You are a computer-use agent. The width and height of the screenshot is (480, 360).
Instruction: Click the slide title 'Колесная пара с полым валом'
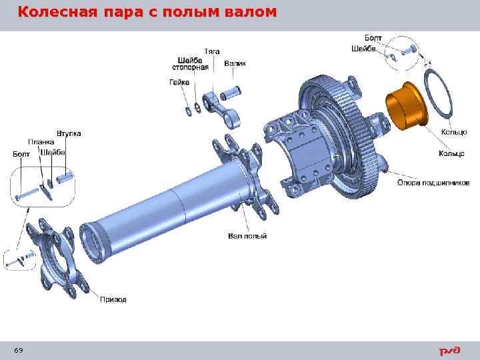pos(146,13)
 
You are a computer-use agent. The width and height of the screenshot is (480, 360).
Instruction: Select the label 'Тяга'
pos(211,51)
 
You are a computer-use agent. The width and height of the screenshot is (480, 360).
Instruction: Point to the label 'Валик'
pos(235,64)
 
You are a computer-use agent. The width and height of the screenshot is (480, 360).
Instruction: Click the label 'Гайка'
pos(178,83)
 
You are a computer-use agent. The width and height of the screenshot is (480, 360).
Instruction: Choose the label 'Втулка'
pos(69,133)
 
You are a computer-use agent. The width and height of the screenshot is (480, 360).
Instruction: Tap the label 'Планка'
pos(41,142)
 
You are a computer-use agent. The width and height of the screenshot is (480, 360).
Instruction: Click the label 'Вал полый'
pos(247,236)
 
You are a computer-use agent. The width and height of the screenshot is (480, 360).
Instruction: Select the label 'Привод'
pos(113,299)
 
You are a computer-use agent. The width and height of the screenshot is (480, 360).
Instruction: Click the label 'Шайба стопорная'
pos(190,63)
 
